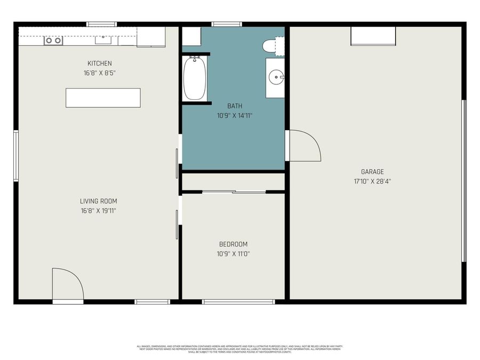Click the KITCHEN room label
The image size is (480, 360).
tap(100, 63)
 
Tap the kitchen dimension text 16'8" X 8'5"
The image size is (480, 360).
tap(100, 73)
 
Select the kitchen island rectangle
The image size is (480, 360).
tap(103, 98)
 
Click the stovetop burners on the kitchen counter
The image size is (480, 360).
tap(53, 41)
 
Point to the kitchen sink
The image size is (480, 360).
tap(103, 39)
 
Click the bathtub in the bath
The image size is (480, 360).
tap(195, 78)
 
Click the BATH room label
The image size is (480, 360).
tap(235, 106)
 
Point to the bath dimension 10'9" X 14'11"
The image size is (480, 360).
tap(235, 115)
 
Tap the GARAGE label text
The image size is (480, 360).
tap(372, 172)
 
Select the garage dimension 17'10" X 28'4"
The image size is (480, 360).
tap(372, 181)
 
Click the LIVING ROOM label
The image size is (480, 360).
tap(99, 201)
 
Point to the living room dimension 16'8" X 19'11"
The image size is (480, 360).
tap(99, 211)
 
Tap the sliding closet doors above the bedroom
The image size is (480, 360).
tap(234, 191)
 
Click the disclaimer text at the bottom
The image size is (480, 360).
tap(239, 349)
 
